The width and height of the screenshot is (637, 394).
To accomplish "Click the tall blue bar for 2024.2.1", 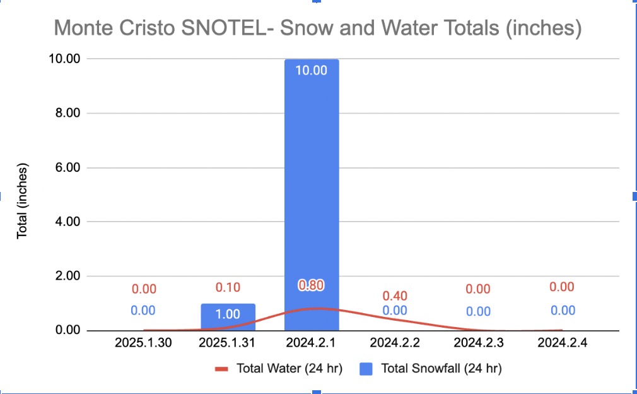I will click(x=312, y=189).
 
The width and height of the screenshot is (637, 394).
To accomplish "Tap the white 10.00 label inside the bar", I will click(x=312, y=70).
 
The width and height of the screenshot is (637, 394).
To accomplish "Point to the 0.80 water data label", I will click(x=311, y=285).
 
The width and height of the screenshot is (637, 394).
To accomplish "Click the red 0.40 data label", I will click(x=395, y=296).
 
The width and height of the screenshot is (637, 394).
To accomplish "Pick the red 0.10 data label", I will click(x=228, y=287).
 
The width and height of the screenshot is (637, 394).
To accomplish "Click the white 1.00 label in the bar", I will click(x=228, y=314).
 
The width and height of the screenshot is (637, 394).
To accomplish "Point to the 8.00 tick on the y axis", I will click(x=67, y=113).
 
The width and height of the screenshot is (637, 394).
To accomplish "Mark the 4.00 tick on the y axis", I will click(x=67, y=222).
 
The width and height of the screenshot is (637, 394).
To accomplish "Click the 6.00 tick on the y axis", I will click(x=67, y=167).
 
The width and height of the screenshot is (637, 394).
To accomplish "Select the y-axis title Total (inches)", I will click(x=23, y=201).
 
